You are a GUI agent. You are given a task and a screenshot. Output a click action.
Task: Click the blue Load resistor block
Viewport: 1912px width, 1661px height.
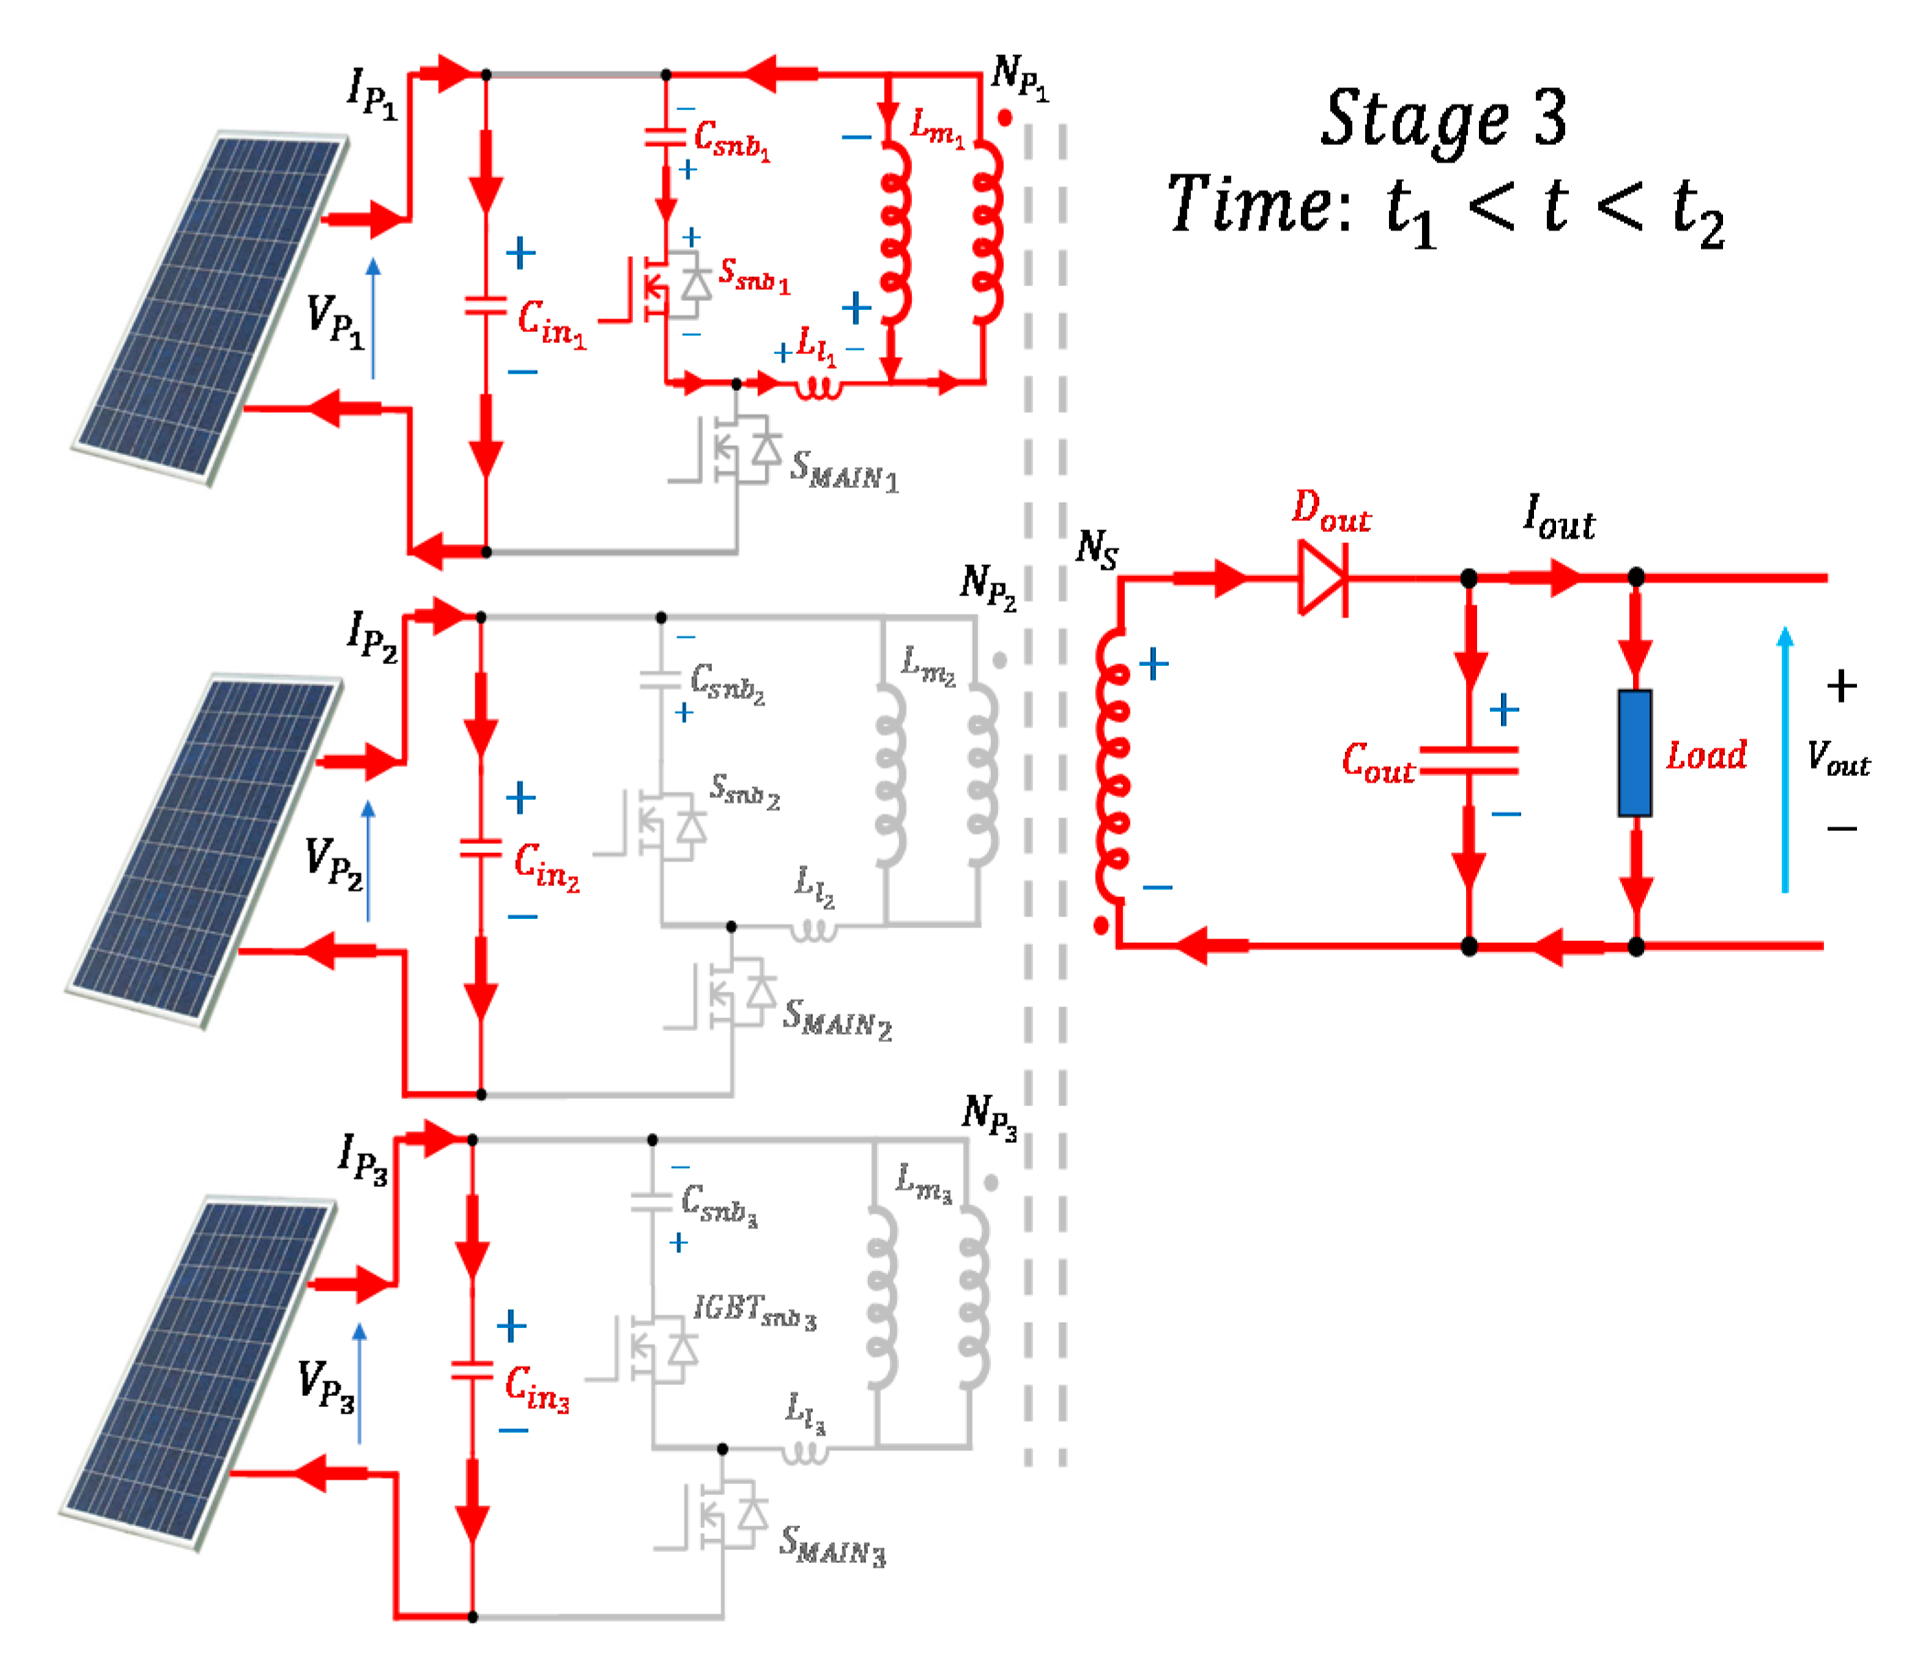(x=1635, y=753)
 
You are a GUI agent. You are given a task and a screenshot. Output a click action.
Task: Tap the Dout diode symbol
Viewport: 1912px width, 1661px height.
(x=1322, y=579)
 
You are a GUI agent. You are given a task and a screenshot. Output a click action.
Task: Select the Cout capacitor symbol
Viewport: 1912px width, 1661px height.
(x=1469, y=760)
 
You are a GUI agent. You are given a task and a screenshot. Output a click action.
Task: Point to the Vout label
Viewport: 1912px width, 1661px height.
(x=1838, y=759)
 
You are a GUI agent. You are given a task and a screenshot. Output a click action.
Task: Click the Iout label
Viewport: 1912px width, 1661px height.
(x=1559, y=519)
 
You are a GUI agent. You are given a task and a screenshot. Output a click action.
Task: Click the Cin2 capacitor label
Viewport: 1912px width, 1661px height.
(x=547, y=867)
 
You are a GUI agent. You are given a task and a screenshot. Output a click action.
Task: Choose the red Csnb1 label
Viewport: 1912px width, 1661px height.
(x=731, y=140)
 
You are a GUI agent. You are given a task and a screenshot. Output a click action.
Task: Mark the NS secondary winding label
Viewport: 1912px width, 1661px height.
(x=1097, y=548)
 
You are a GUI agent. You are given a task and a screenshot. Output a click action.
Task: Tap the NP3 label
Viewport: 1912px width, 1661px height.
(x=990, y=1116)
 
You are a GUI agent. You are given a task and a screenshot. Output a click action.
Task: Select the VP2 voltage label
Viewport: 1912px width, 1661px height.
(x=333, y=863)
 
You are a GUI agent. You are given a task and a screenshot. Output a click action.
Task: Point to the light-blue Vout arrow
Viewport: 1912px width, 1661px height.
(x=1785, y=760)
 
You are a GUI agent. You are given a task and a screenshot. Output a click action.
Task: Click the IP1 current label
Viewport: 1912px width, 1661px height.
(x=372, y=94)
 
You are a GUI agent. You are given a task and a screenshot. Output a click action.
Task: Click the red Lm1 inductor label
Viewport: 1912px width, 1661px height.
(x=937, y=126)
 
